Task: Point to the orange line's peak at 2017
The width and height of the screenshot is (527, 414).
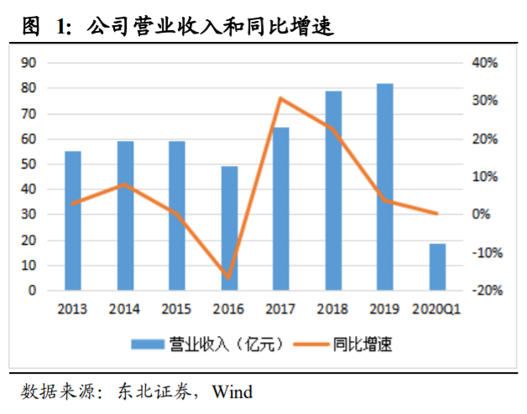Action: [x=281, y=98]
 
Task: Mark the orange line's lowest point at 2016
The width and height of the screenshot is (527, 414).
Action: [x=229, y=277]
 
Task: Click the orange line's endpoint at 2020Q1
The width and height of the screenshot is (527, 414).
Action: [x=437, y=214]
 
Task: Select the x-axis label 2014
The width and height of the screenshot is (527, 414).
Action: [x=125, y=308]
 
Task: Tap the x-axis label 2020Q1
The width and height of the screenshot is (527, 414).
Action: [x=437, y=308]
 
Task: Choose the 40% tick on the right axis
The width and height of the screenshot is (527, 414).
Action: [x=486, y=63]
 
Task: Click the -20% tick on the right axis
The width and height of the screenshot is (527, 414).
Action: [x=486, y=291]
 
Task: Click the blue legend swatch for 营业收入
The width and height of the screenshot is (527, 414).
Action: [x=148, y=344]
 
